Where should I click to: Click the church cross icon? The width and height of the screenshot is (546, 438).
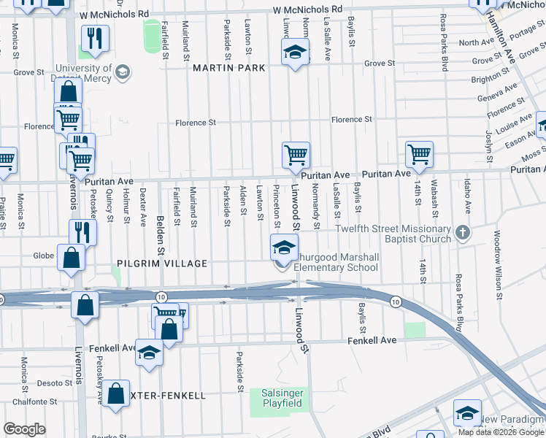(461, 234)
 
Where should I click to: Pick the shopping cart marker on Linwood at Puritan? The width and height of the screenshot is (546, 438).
(296, 155)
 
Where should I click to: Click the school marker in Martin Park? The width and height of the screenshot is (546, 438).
(295, 52)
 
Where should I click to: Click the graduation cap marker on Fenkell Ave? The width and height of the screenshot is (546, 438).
(149, 353)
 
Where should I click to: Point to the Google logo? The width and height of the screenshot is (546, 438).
(25, 429)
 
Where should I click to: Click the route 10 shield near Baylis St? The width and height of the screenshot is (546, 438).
(395, 301)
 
